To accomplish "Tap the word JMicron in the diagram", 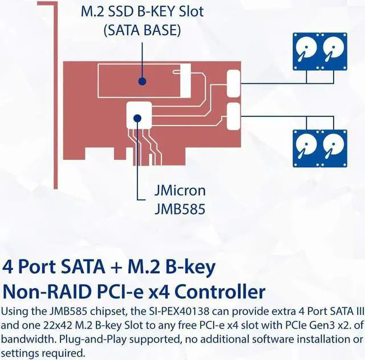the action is pos(180,191).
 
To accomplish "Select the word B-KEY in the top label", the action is pos(166,11).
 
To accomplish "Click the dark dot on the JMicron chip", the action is pos(137,118).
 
